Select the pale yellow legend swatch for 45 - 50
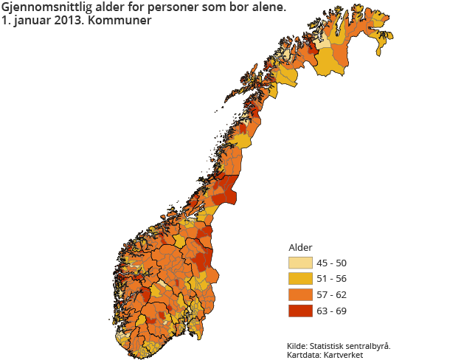[300, 263]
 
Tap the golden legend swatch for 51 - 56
[300, 279]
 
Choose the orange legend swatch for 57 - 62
[300, 294]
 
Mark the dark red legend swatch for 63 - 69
[300, 310]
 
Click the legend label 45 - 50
[331, 263]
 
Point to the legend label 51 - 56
[331, 279]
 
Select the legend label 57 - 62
[331, 294]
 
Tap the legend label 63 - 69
[331, 310]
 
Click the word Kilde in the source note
[297, 345]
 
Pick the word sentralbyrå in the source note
[367, 345]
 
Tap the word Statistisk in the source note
[328, 345]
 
